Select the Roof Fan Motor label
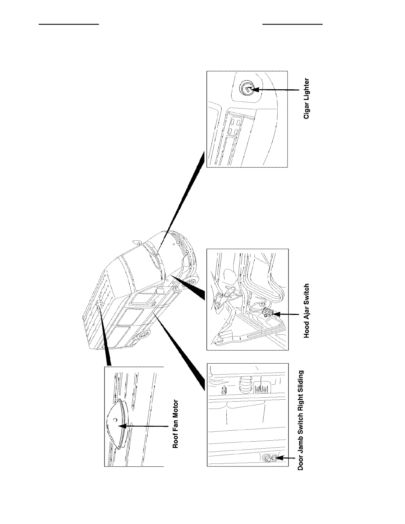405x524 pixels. pyautogui.click(x=176, y=424)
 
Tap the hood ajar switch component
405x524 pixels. pyautogui.click(x=268, y=312)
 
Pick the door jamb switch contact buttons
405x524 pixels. pyautogui.click(x=271, y=458)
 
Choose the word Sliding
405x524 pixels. pyautogui.click(x=301, y=381)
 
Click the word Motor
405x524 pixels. pyautogui.click(x=176, y=409)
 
